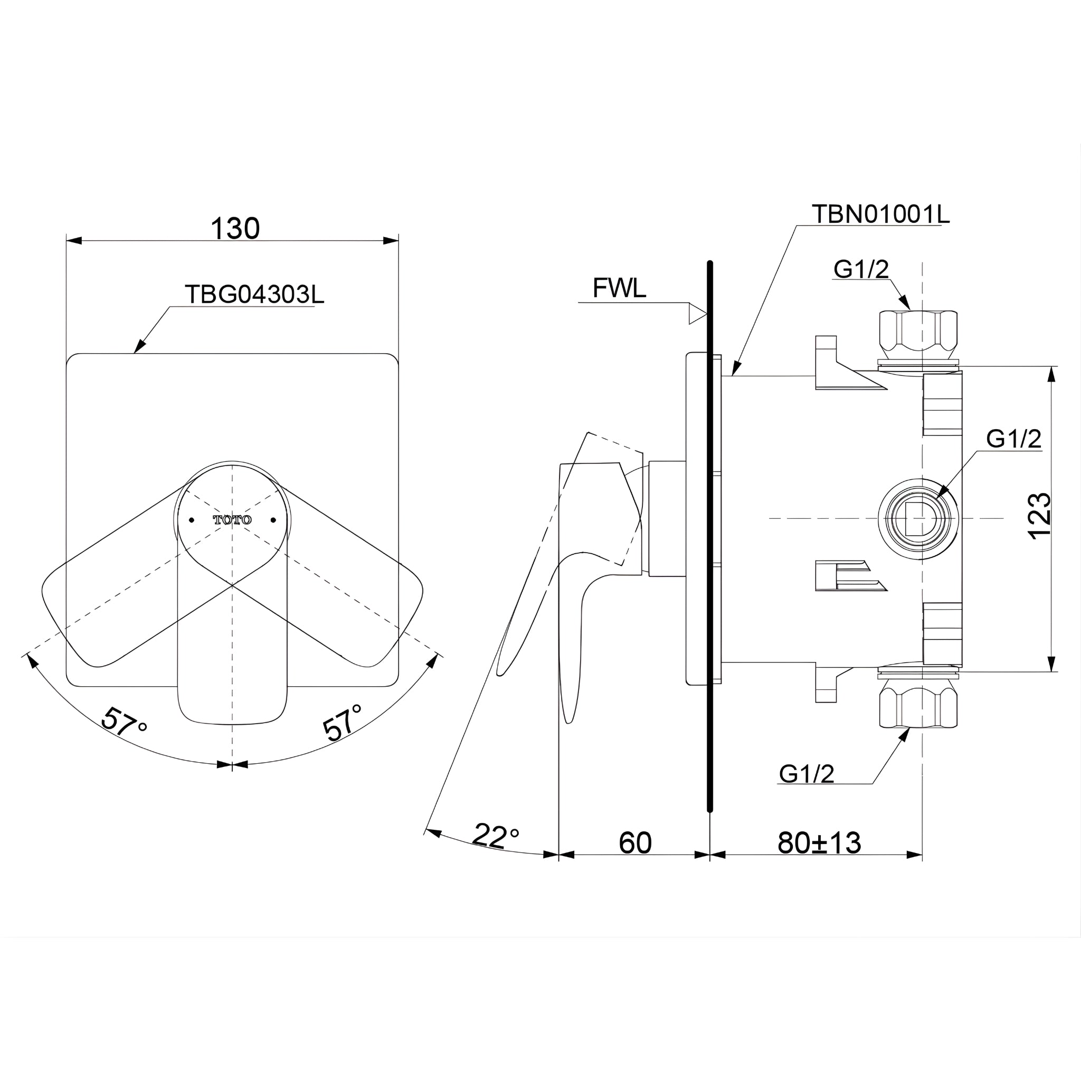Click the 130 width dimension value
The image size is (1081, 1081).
click(235, 228)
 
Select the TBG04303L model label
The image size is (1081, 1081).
click(254, 295)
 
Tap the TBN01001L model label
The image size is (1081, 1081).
click(880, 214)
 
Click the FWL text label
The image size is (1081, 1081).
click(619, 289)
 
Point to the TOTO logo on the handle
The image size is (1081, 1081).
click(232, 520)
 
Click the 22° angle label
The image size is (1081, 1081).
click(495, 836)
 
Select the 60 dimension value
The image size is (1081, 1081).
click(635, 842)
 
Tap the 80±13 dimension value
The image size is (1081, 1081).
click(819, 842)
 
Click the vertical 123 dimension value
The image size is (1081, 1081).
click(1040, 516)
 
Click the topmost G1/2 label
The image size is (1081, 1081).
click(861, 270)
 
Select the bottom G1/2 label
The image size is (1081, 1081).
click(807, 774)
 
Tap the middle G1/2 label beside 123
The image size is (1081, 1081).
click(1013, 439)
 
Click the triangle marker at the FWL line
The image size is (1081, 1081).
click(697, 314)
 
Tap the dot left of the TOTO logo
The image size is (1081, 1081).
click(192, 520)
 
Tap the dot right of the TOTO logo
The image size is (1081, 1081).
click(273, 520)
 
